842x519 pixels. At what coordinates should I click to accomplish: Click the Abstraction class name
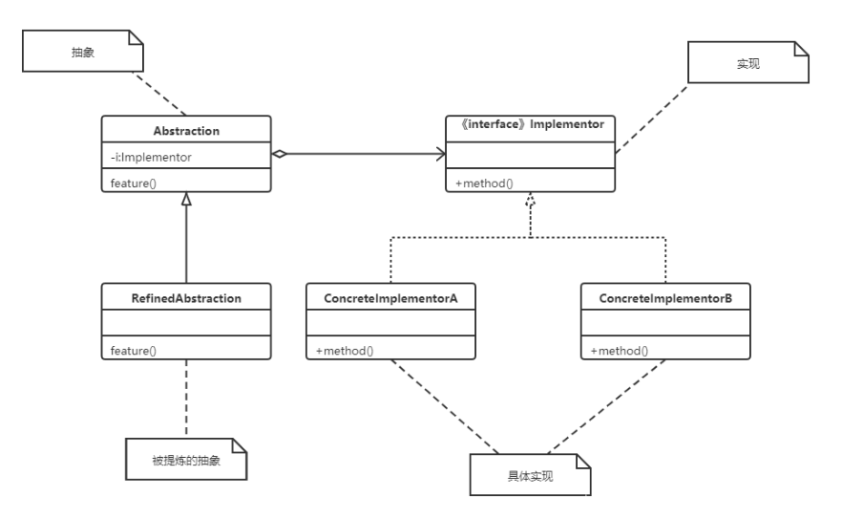coord(186,131)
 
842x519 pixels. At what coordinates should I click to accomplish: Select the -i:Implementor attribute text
coord(151,157)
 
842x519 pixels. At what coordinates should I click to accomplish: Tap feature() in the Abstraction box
coord(134,184)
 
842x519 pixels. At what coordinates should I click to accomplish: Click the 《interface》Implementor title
coord(532,124)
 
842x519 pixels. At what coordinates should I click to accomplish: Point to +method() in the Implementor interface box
coord(484,184)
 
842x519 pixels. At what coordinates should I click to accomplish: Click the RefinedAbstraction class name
coord(186,298)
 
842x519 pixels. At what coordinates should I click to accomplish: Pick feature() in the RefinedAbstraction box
coord(134,351)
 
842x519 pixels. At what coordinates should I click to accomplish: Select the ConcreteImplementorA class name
coord(391,298)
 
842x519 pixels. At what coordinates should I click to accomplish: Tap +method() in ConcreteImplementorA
coord(345,351)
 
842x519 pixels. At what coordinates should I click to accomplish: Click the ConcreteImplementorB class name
coord(665,298)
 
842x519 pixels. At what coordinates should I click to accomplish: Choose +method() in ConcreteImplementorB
coord(620,351)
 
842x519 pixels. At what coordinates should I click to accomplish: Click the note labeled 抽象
coord(83,51)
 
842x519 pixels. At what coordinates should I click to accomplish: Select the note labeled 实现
coord(748,62)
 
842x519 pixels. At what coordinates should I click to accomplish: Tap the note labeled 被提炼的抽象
coord(186,460)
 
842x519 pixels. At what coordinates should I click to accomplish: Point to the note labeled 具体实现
coord(530,475)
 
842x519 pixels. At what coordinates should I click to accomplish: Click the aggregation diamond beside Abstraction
coord(279,154)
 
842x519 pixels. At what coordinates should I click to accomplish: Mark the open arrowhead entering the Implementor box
coord(441,154)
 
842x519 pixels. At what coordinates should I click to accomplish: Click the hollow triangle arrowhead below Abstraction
coord(186,199)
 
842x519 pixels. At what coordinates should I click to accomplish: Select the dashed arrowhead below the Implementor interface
coord(531,200)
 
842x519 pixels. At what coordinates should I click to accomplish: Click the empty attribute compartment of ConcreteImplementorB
coord(665,323)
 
